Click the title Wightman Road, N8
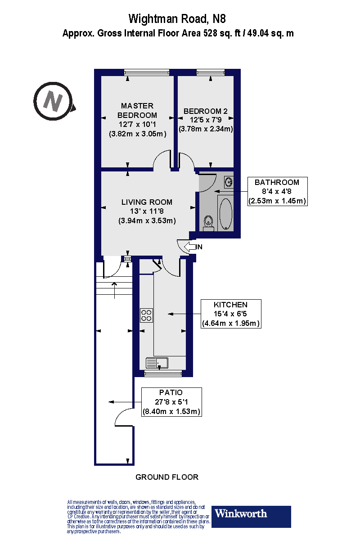(177, 19)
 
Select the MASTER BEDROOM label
(137, 110)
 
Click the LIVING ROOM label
(147, 202)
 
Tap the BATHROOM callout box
(277, 191)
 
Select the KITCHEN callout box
(230, 314)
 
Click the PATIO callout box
(171, 402)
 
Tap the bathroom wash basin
(229, 182)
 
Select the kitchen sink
(157, 363)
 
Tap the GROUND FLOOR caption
(167, 477)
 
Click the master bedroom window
(147, 72)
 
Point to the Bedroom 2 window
(210, 72)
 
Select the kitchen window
(163, 373)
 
